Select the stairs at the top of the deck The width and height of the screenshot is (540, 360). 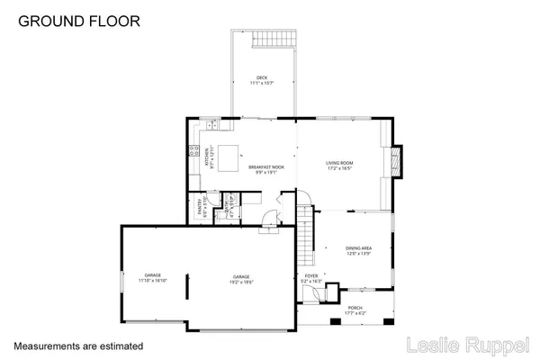point(273,40)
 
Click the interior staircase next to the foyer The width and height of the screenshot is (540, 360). point(308,230)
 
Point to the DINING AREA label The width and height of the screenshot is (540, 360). point(359,251)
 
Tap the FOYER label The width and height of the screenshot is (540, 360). point(310,279)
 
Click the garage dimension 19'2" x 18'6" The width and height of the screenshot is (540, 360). point(241,282)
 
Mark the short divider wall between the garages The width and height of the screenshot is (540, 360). point(187,291)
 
